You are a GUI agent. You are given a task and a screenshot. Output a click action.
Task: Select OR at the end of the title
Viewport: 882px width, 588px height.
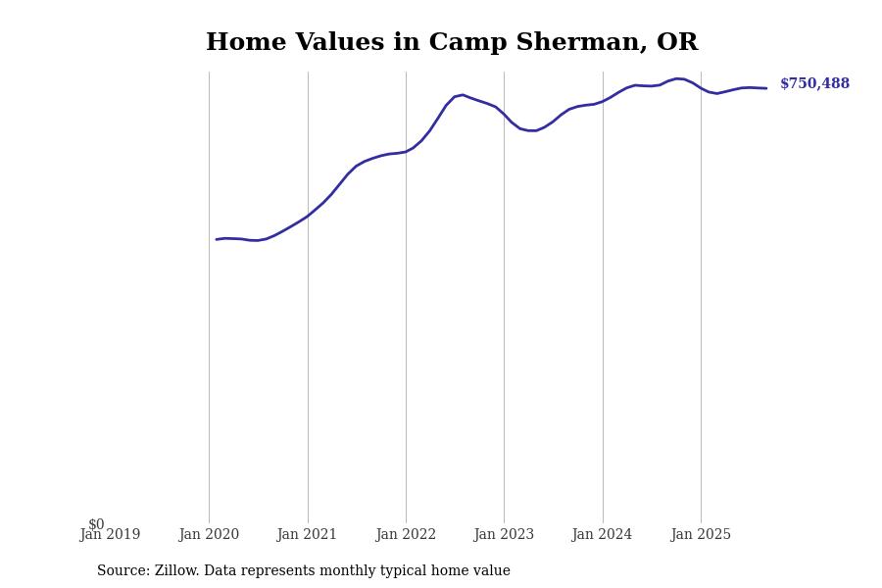tap(677, 43)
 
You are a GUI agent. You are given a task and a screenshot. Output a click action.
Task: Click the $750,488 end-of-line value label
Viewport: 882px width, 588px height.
tap(814, 84)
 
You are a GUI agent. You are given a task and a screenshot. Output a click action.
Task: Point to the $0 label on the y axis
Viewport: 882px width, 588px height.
tap(96, 524)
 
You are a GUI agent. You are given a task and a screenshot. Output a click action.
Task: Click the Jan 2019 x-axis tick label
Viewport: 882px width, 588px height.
tap(110, 535)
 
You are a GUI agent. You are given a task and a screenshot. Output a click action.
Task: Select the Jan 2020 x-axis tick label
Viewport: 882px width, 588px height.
tap(209, 535)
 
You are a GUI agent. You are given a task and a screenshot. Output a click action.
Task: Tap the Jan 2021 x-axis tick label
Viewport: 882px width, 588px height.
tap(307, 535)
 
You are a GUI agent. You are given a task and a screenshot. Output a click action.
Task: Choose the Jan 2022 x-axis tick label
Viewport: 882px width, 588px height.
tap(406, 535)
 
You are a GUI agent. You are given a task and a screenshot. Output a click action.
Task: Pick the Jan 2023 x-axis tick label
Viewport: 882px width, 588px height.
tap(504, 535)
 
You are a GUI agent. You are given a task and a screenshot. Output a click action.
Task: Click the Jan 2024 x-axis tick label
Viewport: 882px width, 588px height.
tap(602, 535)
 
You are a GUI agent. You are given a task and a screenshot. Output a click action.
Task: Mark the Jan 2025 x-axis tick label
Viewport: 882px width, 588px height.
tap(701, 535)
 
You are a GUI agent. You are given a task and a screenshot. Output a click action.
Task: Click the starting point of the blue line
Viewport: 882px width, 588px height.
tap(217, 239)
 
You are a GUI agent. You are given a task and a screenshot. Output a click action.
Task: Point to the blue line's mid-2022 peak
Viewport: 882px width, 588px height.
tap(463, 95)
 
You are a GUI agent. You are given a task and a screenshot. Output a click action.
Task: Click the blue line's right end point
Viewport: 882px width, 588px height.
tap(766, 88)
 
